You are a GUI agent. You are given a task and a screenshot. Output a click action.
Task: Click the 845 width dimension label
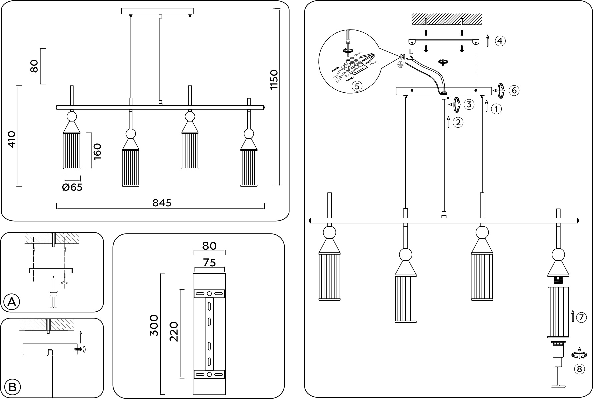click(x=162, y=203)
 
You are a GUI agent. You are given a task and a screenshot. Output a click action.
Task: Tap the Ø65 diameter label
click(x=72, y=187)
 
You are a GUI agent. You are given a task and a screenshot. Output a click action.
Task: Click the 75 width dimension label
click(x=209, y=263)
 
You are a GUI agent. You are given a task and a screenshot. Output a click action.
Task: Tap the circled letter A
click(x=11, y=302)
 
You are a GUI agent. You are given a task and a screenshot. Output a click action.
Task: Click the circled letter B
click(x=12, y=387)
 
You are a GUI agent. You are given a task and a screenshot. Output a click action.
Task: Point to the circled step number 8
click(x=579, y=369)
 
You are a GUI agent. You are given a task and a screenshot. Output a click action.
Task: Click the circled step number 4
click(x=500, y=41)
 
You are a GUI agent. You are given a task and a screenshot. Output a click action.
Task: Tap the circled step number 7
click(x=581, y=318)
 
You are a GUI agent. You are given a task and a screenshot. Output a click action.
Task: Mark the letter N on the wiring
click(x=402, y=57)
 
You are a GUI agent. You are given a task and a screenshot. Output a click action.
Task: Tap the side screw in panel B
click(x=78, y=349)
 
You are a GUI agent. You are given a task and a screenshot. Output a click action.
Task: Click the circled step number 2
click(x=458, y=123)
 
